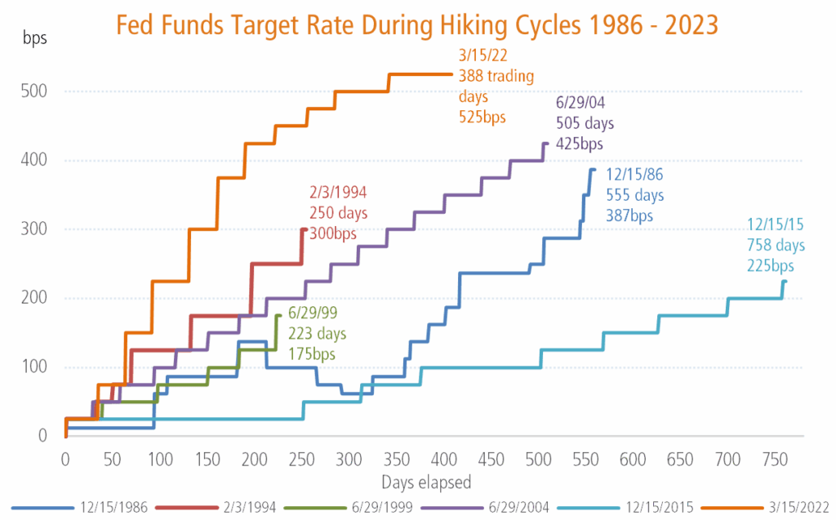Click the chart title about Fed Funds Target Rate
point(417,24)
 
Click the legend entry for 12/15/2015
point(620,505)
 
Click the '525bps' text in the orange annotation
point(482,117)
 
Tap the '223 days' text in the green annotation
point(317,335)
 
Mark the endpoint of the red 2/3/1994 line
point(305,229)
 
